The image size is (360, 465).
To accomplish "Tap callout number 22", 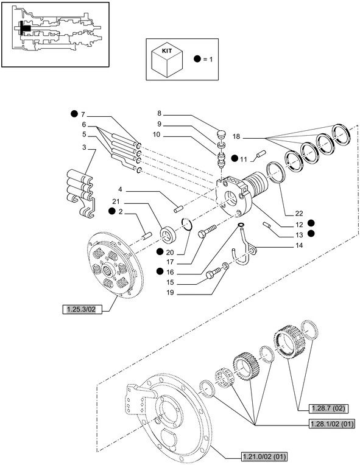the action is coord(299,213).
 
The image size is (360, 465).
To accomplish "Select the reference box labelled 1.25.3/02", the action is coord(81,310).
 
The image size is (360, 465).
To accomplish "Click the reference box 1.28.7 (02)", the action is coord(328,408).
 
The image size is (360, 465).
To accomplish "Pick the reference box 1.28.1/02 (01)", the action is coord(331,424).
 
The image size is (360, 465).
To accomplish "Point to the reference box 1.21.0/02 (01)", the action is coord(264,456).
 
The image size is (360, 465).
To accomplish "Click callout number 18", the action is coord(236,136).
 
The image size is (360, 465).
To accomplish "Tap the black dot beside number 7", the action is coord(74,114).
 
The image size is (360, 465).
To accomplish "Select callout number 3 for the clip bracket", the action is coord(84,147).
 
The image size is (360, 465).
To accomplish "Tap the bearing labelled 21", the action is coord(169,233).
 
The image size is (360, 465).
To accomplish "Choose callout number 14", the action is coord(299,245).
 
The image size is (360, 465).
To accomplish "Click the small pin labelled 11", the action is coord(261,155).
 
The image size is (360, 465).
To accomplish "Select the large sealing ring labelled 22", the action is coord(277,172).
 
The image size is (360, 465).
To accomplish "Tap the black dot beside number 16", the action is coord(160,271).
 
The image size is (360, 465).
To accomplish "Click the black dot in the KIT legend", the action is coord(197,58).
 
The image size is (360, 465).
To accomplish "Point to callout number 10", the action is coord(157,135).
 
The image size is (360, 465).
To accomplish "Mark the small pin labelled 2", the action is coord(147,236).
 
